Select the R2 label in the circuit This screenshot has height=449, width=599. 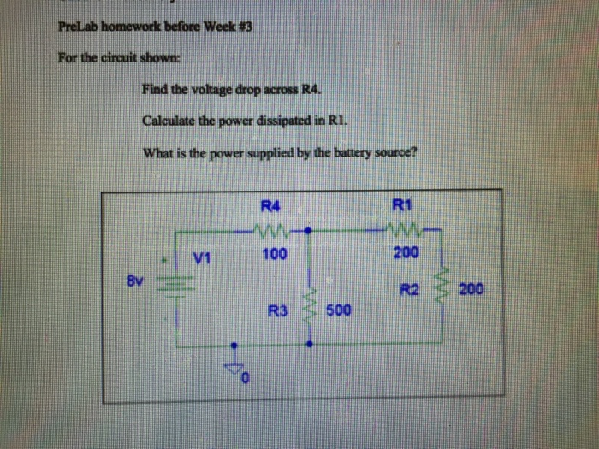coord(407,288)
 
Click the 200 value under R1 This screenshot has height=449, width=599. coord(406,253)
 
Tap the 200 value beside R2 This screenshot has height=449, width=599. coord(471,288)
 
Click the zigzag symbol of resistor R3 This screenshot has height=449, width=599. coord(310,310)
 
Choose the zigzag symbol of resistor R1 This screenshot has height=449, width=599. coord(403,230)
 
